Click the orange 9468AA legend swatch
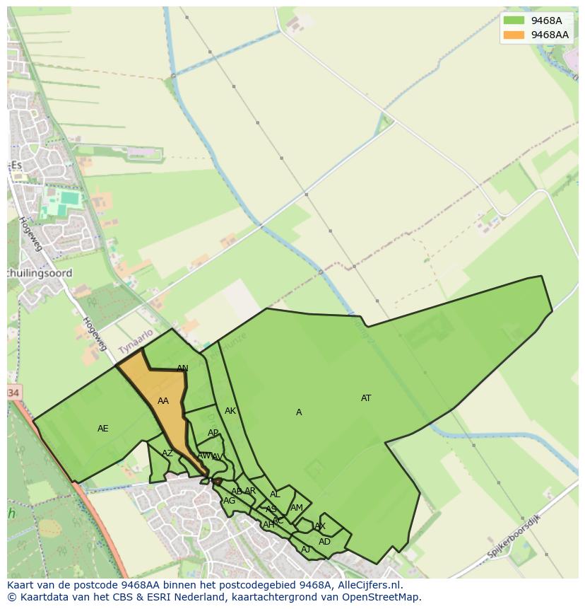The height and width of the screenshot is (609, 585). (514, 35)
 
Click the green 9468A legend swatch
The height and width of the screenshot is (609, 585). (514, 21)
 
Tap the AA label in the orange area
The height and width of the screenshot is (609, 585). (163, 401)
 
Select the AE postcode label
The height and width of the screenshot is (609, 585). (103, 429)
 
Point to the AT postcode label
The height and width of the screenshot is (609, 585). (366, 398)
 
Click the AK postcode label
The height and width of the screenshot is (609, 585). (230, 411)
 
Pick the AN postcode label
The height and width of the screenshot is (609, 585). (182, 369)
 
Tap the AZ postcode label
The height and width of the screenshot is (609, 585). (167, 454)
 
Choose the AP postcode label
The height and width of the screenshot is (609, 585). (213, 433)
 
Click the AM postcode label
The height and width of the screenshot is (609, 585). (297, 508)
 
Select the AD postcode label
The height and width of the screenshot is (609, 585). (324, 542)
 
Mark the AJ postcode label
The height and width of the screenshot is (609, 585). (306, 550)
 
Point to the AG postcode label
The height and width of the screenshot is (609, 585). (229, 501)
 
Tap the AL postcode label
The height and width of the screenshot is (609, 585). (275, 495)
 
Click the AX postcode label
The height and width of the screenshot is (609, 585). (320, 526)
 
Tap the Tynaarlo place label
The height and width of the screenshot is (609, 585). (136, 342)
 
